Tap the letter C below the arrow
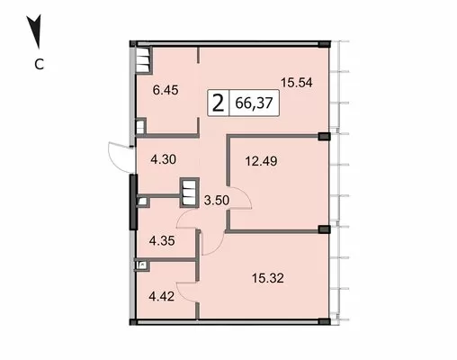[x=40, y=64]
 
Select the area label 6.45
[x=166, y=90]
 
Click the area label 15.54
[x=297, y=82]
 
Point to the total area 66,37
[x=254, y=103]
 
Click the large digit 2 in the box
[x=218, y=103]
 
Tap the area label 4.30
[x=164, y=159]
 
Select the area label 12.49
[x=261, y=161]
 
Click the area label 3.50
[x=217, y=200]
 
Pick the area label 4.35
[x=162, y=241]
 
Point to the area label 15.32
[x=267, y=278]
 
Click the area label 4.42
[x=162, y=297]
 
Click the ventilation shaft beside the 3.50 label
[x=189, y=193]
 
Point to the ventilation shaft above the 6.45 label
[x=143, y=60]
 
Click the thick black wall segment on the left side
[x=133, y=202]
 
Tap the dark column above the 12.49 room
[x=324, y=137]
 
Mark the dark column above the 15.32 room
[x=324, y=229]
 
